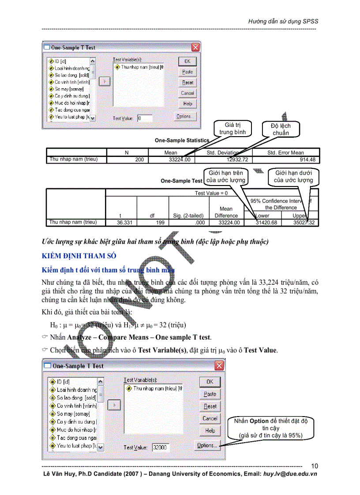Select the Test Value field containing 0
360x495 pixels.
pyautogui.click(x=144, y=118)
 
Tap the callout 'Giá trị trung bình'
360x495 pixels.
pyautogui.click(x=232, y=129)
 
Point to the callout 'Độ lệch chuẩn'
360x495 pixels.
pyautogui.click(x=281, y=130)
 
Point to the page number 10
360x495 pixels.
pyautogui.click(x=314, y=466)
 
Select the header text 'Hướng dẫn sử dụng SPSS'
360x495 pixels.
pyautogui.click(x=283, y=21)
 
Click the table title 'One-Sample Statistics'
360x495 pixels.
pyautogui.click(x=181, y=140)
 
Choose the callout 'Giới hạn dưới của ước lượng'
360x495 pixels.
pyautogui.click(x=293, y=176)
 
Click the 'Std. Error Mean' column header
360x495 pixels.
pyautogui.click(x=285, y=153)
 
